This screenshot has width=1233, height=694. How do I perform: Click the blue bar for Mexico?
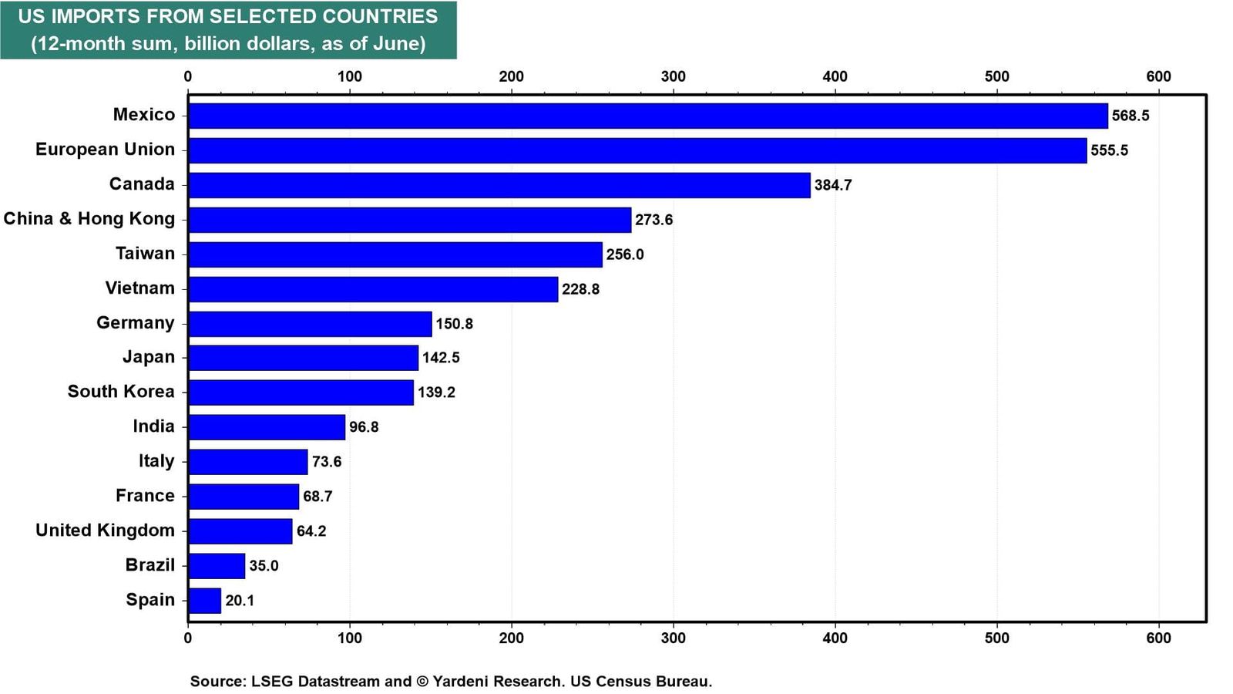(648, 116)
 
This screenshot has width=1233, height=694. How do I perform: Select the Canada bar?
(499, 185)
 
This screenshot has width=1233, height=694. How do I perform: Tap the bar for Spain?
(205, 601)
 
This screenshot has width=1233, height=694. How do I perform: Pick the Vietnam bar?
(373, 289)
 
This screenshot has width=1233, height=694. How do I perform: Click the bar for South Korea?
(301, 392)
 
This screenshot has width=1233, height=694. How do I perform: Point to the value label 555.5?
(1109, 150)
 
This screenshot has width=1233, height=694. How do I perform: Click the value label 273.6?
(654, 220)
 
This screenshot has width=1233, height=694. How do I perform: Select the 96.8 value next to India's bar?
(364, 427)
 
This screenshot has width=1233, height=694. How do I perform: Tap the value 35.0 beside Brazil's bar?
(264, 566)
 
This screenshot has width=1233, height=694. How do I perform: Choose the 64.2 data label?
(311, 531)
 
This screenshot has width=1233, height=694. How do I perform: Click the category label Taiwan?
(146, 254)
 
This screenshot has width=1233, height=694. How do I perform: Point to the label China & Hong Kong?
(89, 219)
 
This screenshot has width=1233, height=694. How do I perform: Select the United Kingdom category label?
(105, 531)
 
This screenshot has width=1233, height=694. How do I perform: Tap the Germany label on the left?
(136, 323)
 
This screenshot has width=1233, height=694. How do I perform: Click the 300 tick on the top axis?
(674, 76)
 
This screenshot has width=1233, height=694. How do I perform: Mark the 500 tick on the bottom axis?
(997, 638)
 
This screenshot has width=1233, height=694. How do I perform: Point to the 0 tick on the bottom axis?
(188, 638)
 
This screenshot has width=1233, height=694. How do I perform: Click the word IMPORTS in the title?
(96, 16)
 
